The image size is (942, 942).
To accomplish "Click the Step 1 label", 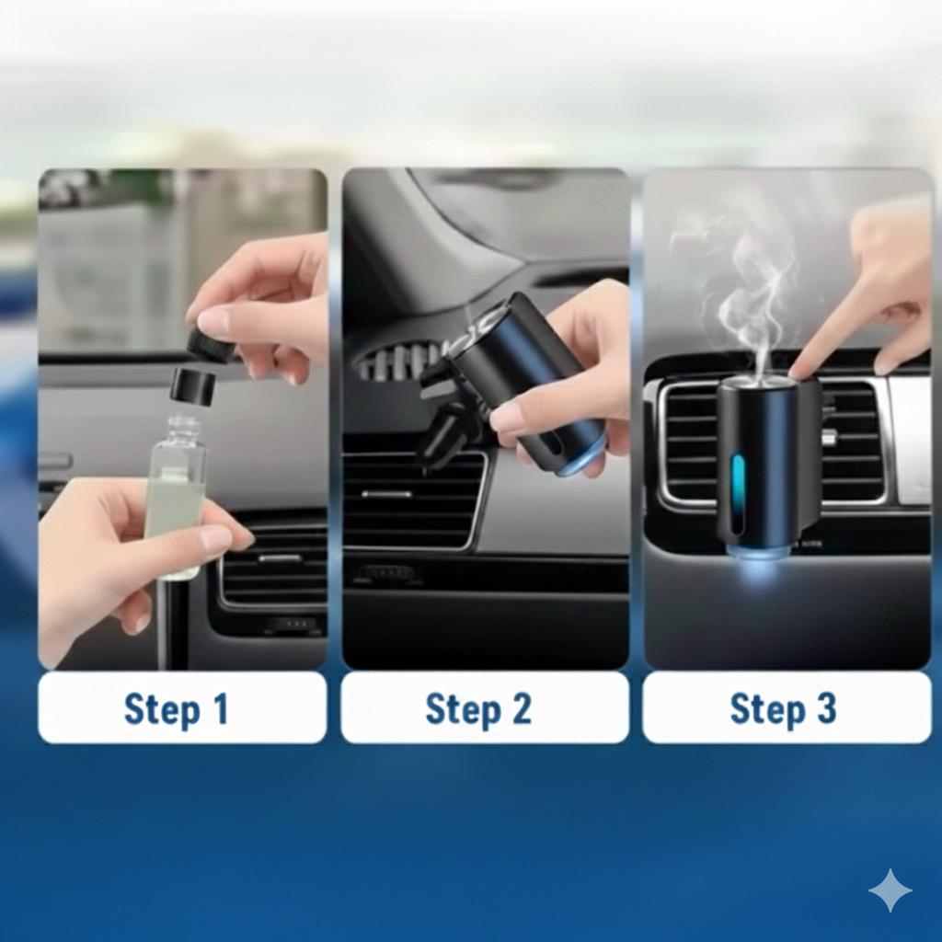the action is pyautogui.click(x=176, y=709).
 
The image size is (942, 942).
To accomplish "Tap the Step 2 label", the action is pyautogui.click(x=478, y=709).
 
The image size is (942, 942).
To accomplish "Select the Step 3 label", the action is pyautogui.click(x=782, y=709).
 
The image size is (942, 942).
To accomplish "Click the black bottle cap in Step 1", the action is pyautogui.click(x=194, y=385).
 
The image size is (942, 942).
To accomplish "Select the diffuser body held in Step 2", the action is pyautogui.click(x=523, y=378).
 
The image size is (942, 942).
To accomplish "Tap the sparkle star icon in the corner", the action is pyautogui.click(x=890, y=890).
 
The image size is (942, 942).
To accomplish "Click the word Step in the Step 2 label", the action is pyautogui.click(x=463, y=710).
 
